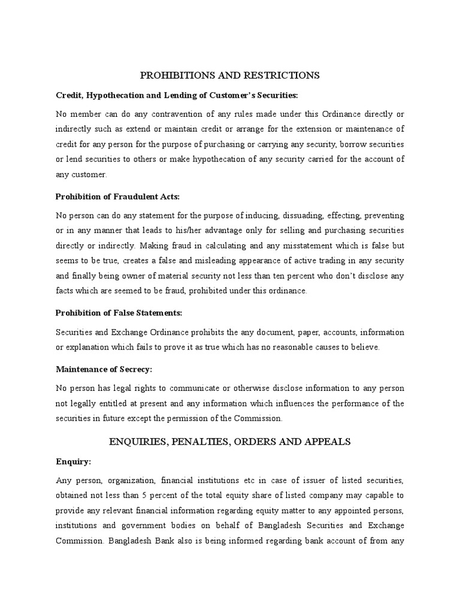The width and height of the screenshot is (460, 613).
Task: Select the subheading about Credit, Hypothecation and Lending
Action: [x=177, y=95]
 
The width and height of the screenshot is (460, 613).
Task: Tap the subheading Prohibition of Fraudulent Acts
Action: [x=117, y=196]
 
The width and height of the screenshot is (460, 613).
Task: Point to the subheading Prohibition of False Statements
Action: [x=119, y=313]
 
